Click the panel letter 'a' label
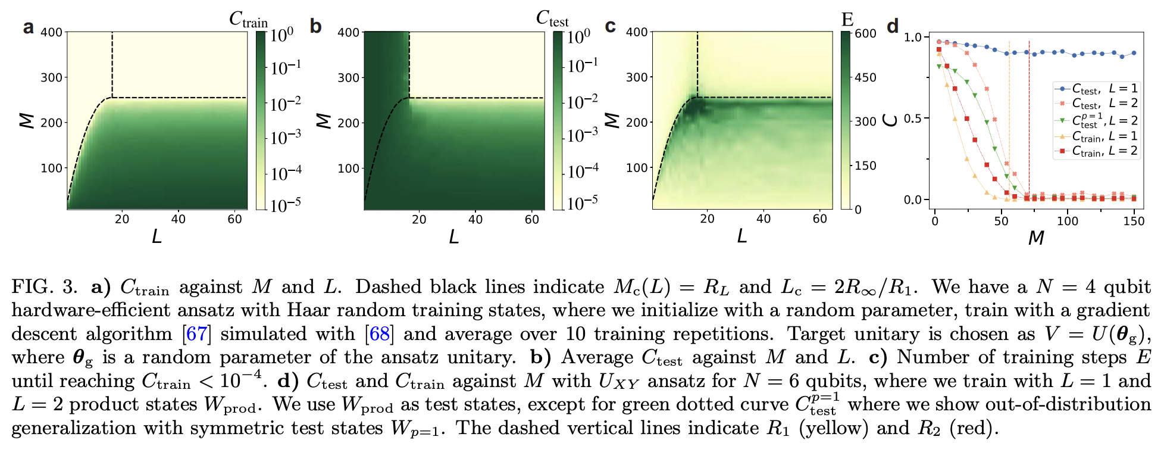point(28,27)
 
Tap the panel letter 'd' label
point(893,27)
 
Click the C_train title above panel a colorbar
point(249,20)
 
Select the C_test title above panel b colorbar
point(552,19)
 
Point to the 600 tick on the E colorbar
point(865,34)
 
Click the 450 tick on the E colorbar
point(865,77)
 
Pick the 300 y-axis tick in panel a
point(51,77)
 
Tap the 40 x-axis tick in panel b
point(475,219)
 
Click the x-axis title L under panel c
point(741,236)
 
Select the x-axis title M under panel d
point(1036,238)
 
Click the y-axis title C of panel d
point(891,120)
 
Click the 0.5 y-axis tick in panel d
point(913,119)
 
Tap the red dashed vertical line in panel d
point(1029,119)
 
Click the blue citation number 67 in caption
point(197,333)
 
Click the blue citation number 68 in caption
point(380,333)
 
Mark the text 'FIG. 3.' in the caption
point(45,287)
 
